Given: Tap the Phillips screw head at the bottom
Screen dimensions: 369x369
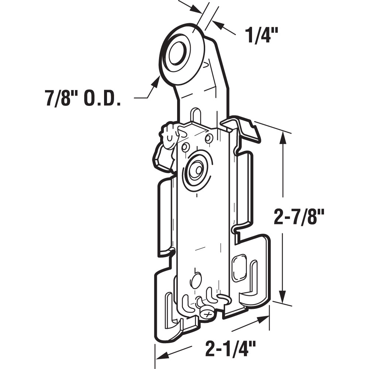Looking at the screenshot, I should click(207, 313).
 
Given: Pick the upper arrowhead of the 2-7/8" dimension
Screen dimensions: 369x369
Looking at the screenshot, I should click(283, 137).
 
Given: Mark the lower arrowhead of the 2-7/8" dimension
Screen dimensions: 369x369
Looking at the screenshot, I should click(283, 297).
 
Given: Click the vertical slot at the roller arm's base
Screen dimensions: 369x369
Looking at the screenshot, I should click(195, 115).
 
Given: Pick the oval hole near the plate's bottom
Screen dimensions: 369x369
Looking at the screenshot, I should click(196, 280).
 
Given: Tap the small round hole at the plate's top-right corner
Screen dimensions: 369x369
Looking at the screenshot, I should click(209, 139).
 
